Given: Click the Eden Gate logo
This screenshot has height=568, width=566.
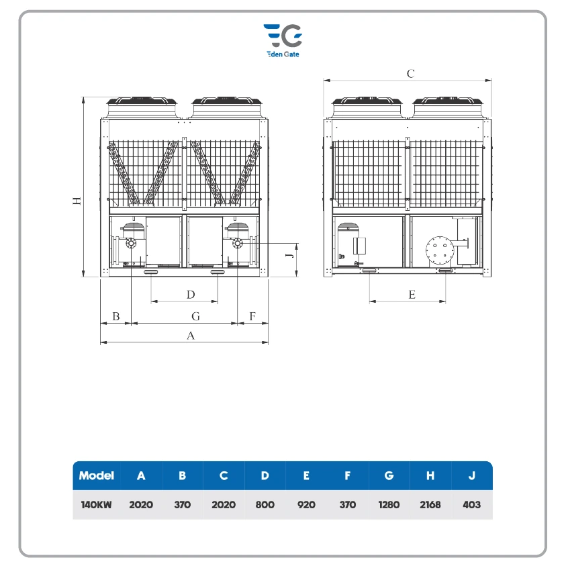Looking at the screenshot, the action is coord(283,40).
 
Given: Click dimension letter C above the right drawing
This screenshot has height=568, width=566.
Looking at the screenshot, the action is coord(410,74).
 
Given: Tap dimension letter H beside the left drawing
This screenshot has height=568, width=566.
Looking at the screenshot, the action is coord(77,201).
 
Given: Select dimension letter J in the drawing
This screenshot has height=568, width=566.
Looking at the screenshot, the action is coord(289,255).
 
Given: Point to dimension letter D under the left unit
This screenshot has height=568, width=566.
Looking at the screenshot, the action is coord(191,294).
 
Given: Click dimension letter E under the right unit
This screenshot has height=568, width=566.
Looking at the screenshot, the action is coord(412,295).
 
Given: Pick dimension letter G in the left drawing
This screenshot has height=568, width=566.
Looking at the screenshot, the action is coord(195,316).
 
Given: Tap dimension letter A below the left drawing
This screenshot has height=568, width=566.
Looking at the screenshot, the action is coord(191,336).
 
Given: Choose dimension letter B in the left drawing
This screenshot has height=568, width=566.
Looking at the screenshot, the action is coord(116,316).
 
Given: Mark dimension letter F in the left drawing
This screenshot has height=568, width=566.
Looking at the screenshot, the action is coord(252,316).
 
